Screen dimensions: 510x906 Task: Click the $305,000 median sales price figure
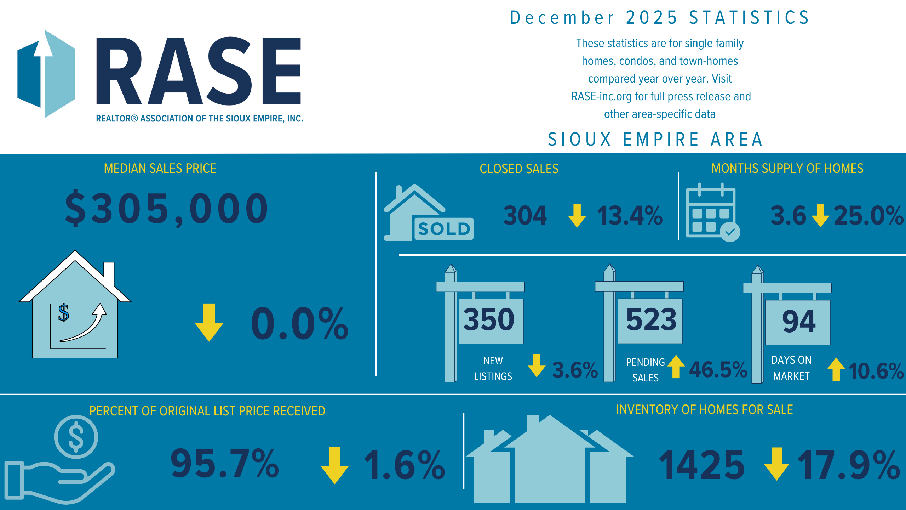[x=166, y=209]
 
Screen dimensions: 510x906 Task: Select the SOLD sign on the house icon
[x=444, y=229]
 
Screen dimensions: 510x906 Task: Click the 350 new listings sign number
[x=489, y=319]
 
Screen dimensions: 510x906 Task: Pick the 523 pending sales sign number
[x=651, y=319]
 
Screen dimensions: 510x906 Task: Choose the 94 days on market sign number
[x=799, y=322]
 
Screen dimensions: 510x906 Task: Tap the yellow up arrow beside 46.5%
[x=676, y=366]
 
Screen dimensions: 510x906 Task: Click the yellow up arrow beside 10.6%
[x=836, y=369]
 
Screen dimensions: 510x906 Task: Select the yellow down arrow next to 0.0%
[x=209, y=322]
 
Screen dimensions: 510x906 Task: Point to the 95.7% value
[x=225, y=463]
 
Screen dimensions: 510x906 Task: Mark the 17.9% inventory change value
[x=849, y=465]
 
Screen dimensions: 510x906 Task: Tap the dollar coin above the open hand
[x=76, y=437]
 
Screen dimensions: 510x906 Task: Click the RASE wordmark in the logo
[x=198, y=71]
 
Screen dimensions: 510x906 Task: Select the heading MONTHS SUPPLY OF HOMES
[x=787, y=169]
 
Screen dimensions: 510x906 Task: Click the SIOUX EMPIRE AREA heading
[x=655, y=139]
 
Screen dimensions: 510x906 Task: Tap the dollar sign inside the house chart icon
[x=64, y=312]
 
